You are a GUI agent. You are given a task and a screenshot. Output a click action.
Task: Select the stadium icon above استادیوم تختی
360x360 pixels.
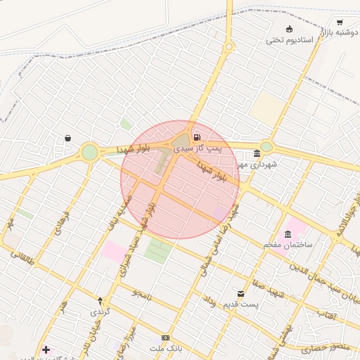290,29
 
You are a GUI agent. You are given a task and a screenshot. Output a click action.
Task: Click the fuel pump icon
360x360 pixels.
195,137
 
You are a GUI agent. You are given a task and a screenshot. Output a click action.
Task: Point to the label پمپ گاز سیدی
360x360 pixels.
198,149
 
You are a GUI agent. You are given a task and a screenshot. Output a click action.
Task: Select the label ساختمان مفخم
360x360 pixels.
288,244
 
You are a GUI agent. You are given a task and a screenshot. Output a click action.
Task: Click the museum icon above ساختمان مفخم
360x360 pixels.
288,233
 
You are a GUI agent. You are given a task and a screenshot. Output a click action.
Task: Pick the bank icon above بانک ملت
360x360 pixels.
165,337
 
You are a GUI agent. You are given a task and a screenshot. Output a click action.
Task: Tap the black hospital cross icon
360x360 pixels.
46,349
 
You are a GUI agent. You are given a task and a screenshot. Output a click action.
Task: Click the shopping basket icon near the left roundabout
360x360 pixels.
67,139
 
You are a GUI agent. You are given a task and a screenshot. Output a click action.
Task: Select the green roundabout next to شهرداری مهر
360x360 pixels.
266,147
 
